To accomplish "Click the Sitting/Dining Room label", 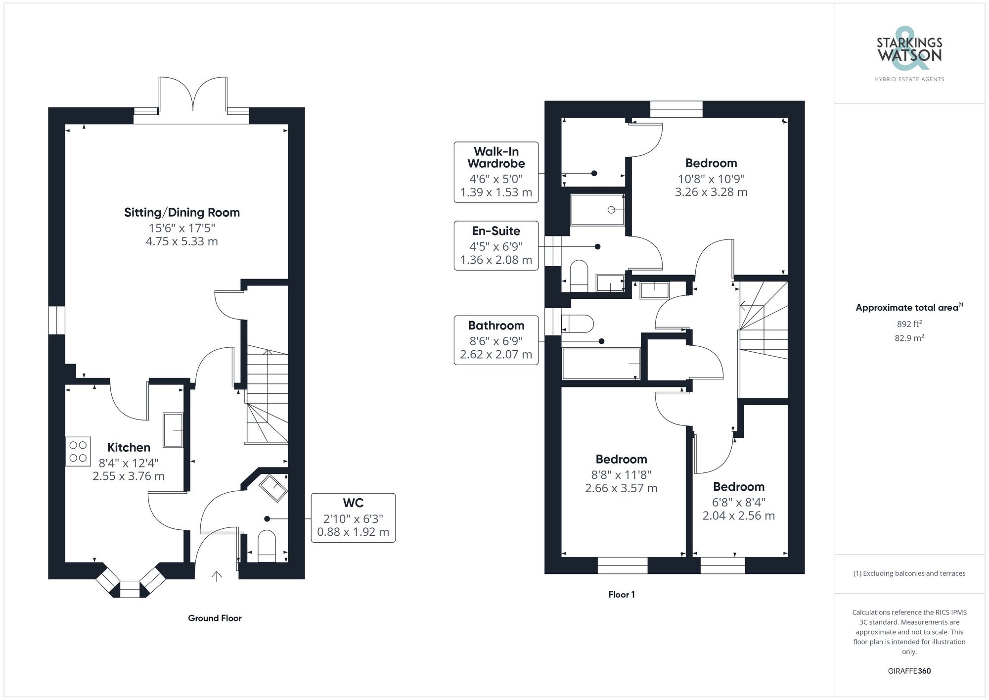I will coord(181,213).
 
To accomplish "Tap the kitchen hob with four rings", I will coord(78,451).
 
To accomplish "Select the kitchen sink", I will coord(173,430).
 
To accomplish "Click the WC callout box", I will coord(353,517).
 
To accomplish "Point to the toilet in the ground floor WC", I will coord(267,546).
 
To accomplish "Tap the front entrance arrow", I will coord(217,576).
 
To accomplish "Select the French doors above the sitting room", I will coord(193,94).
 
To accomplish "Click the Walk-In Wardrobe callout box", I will coord(496,172).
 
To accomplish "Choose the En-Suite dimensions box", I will coord(496,245).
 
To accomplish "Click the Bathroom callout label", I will coord(496,326).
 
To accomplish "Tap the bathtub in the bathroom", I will coord(601,364).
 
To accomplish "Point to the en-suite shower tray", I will coord(597,210).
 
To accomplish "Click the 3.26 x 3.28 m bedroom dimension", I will coord(711,192).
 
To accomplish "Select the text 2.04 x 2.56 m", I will coord(738,515).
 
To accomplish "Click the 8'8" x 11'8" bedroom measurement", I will coord(621,475).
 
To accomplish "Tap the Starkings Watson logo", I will coord(909,52).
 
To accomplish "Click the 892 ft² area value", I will coord(909,325).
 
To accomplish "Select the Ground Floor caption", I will coord(215,618).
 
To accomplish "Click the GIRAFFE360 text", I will coord(909,671).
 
